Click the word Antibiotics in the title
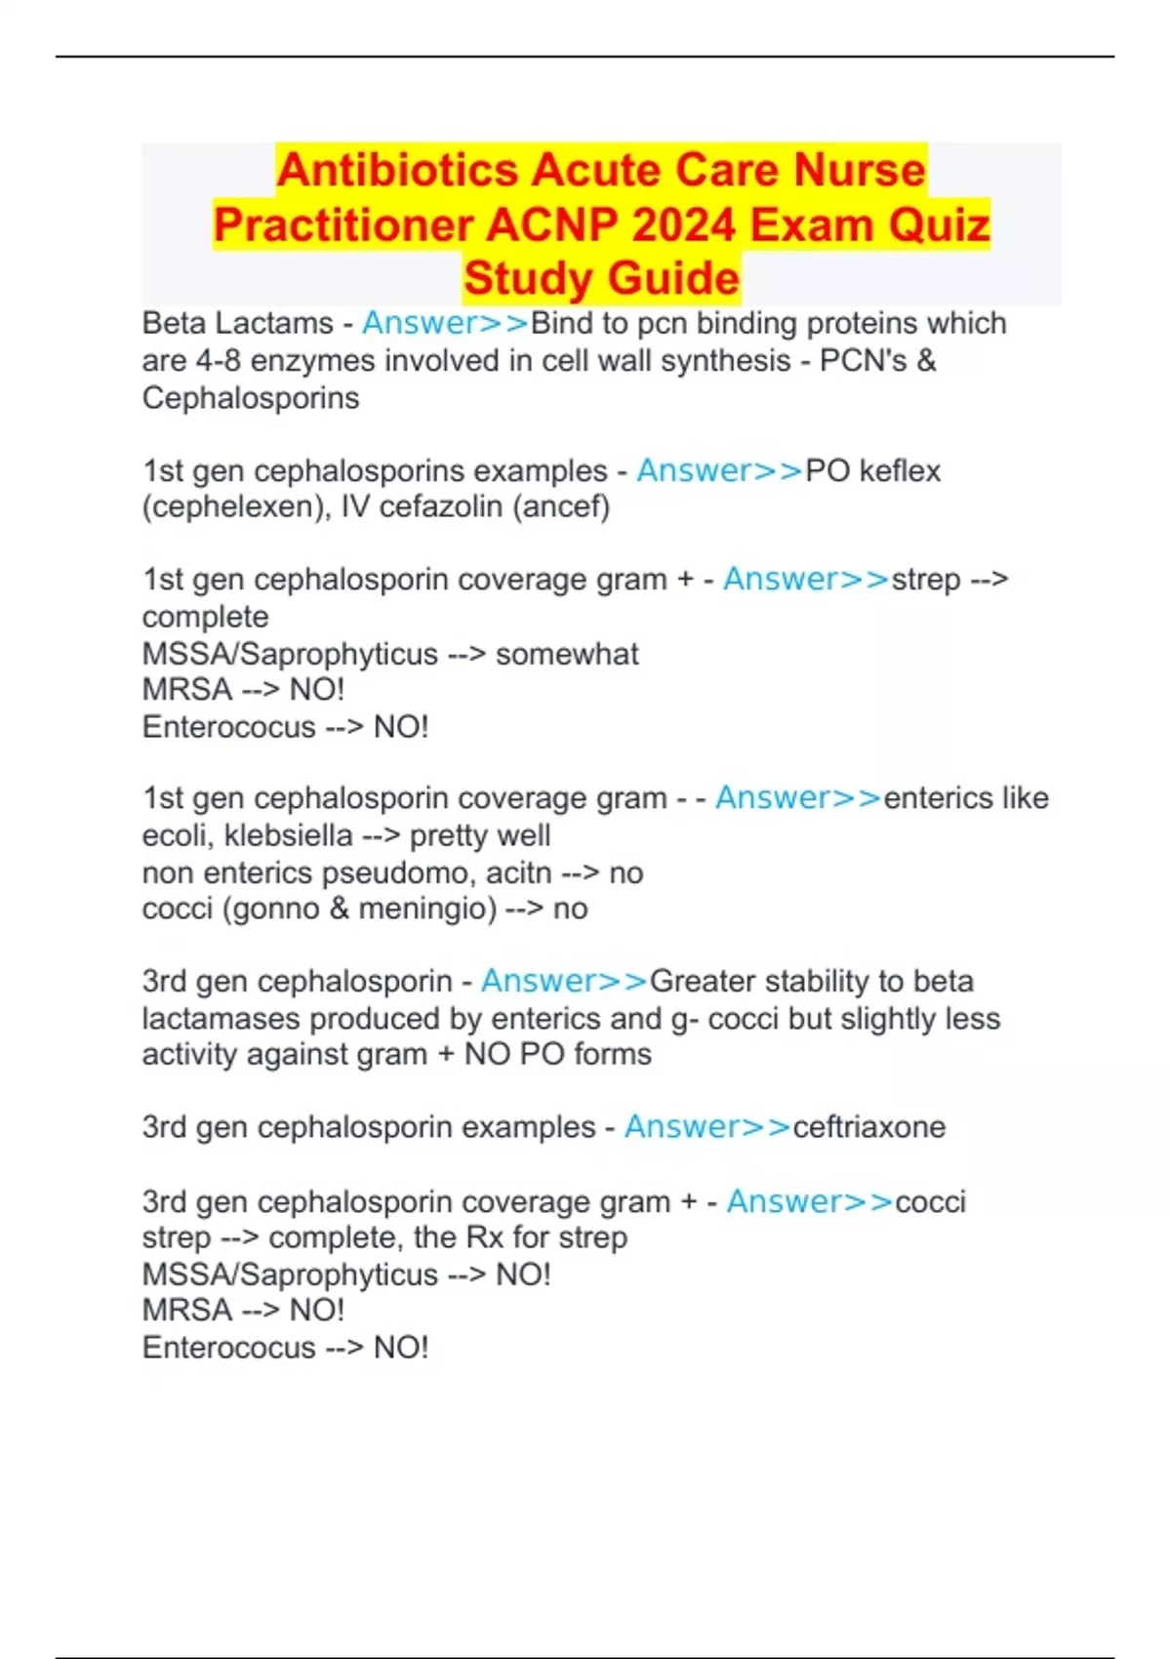pyautogui.click(x=397, y=171)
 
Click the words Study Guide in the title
pyautogui.click(x=601, y=279)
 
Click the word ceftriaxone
pyautogui.click(x=868, y=1127)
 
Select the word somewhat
pyautogui.click(x=567, y=654)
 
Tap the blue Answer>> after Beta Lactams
pyautogui.click(x=445, y=323)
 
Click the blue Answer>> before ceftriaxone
pyautogui.click(x=707, y=1127)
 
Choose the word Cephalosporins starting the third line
pyautogui.click(x=251, y=398)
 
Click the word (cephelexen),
pyautogui.click(x=237, y=507)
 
